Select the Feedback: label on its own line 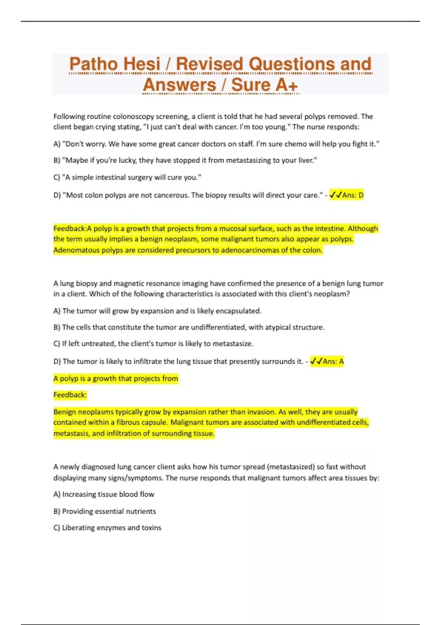(x=70, y=395)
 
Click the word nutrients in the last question (x=141, y=511)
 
